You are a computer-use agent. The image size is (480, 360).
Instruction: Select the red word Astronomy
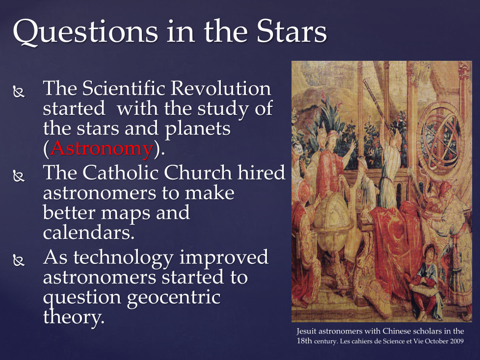pyautogui.click(x=102, y=149)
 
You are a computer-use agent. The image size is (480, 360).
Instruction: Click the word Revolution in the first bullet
pyautogui.click(x=220, y=88)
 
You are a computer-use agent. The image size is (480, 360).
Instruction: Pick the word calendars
pyautogui.click(x=88, y=233)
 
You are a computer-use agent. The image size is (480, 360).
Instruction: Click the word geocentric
pyautogui.click(x=174, y=297)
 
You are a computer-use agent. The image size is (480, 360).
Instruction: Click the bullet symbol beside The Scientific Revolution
pyautogui.click(x=19, y=92)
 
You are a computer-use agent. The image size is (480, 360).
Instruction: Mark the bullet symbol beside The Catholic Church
pyautogui.click(x=19, y=176)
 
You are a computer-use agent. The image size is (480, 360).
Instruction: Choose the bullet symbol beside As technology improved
pyautogui.click(x=19, y=260)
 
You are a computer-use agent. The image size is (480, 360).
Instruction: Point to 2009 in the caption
pyautogui.click(x=457, y=341)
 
